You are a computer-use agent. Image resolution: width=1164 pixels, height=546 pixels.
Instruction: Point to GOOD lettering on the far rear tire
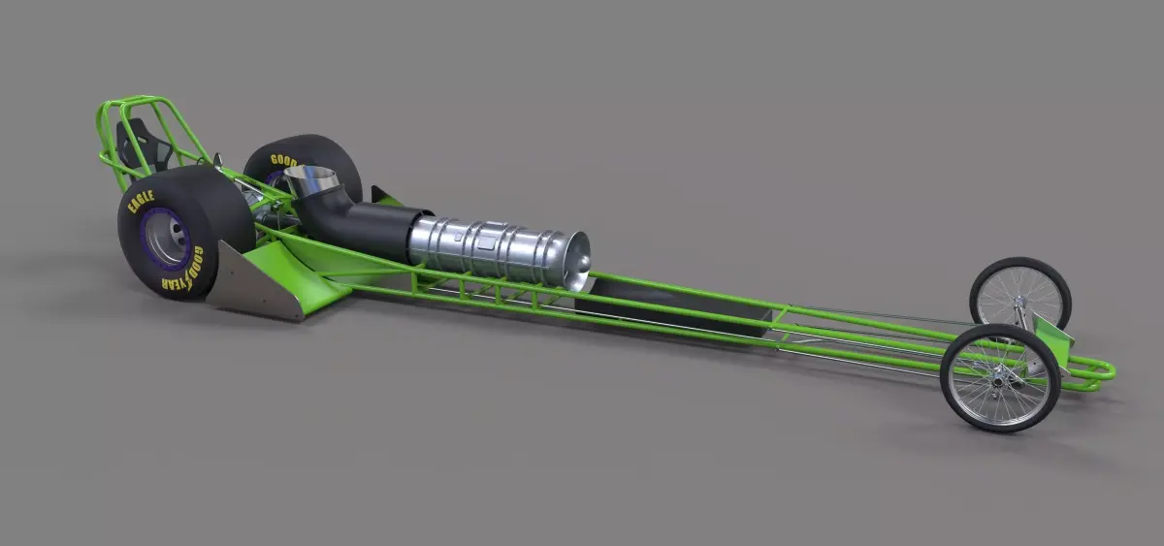284,161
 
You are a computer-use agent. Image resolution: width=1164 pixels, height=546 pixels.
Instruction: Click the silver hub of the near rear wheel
166,239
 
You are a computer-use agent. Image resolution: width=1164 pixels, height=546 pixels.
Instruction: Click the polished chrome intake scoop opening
311,179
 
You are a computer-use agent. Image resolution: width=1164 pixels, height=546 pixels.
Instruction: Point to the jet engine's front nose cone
579,259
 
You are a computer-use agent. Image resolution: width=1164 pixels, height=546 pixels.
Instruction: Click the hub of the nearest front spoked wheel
999,377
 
